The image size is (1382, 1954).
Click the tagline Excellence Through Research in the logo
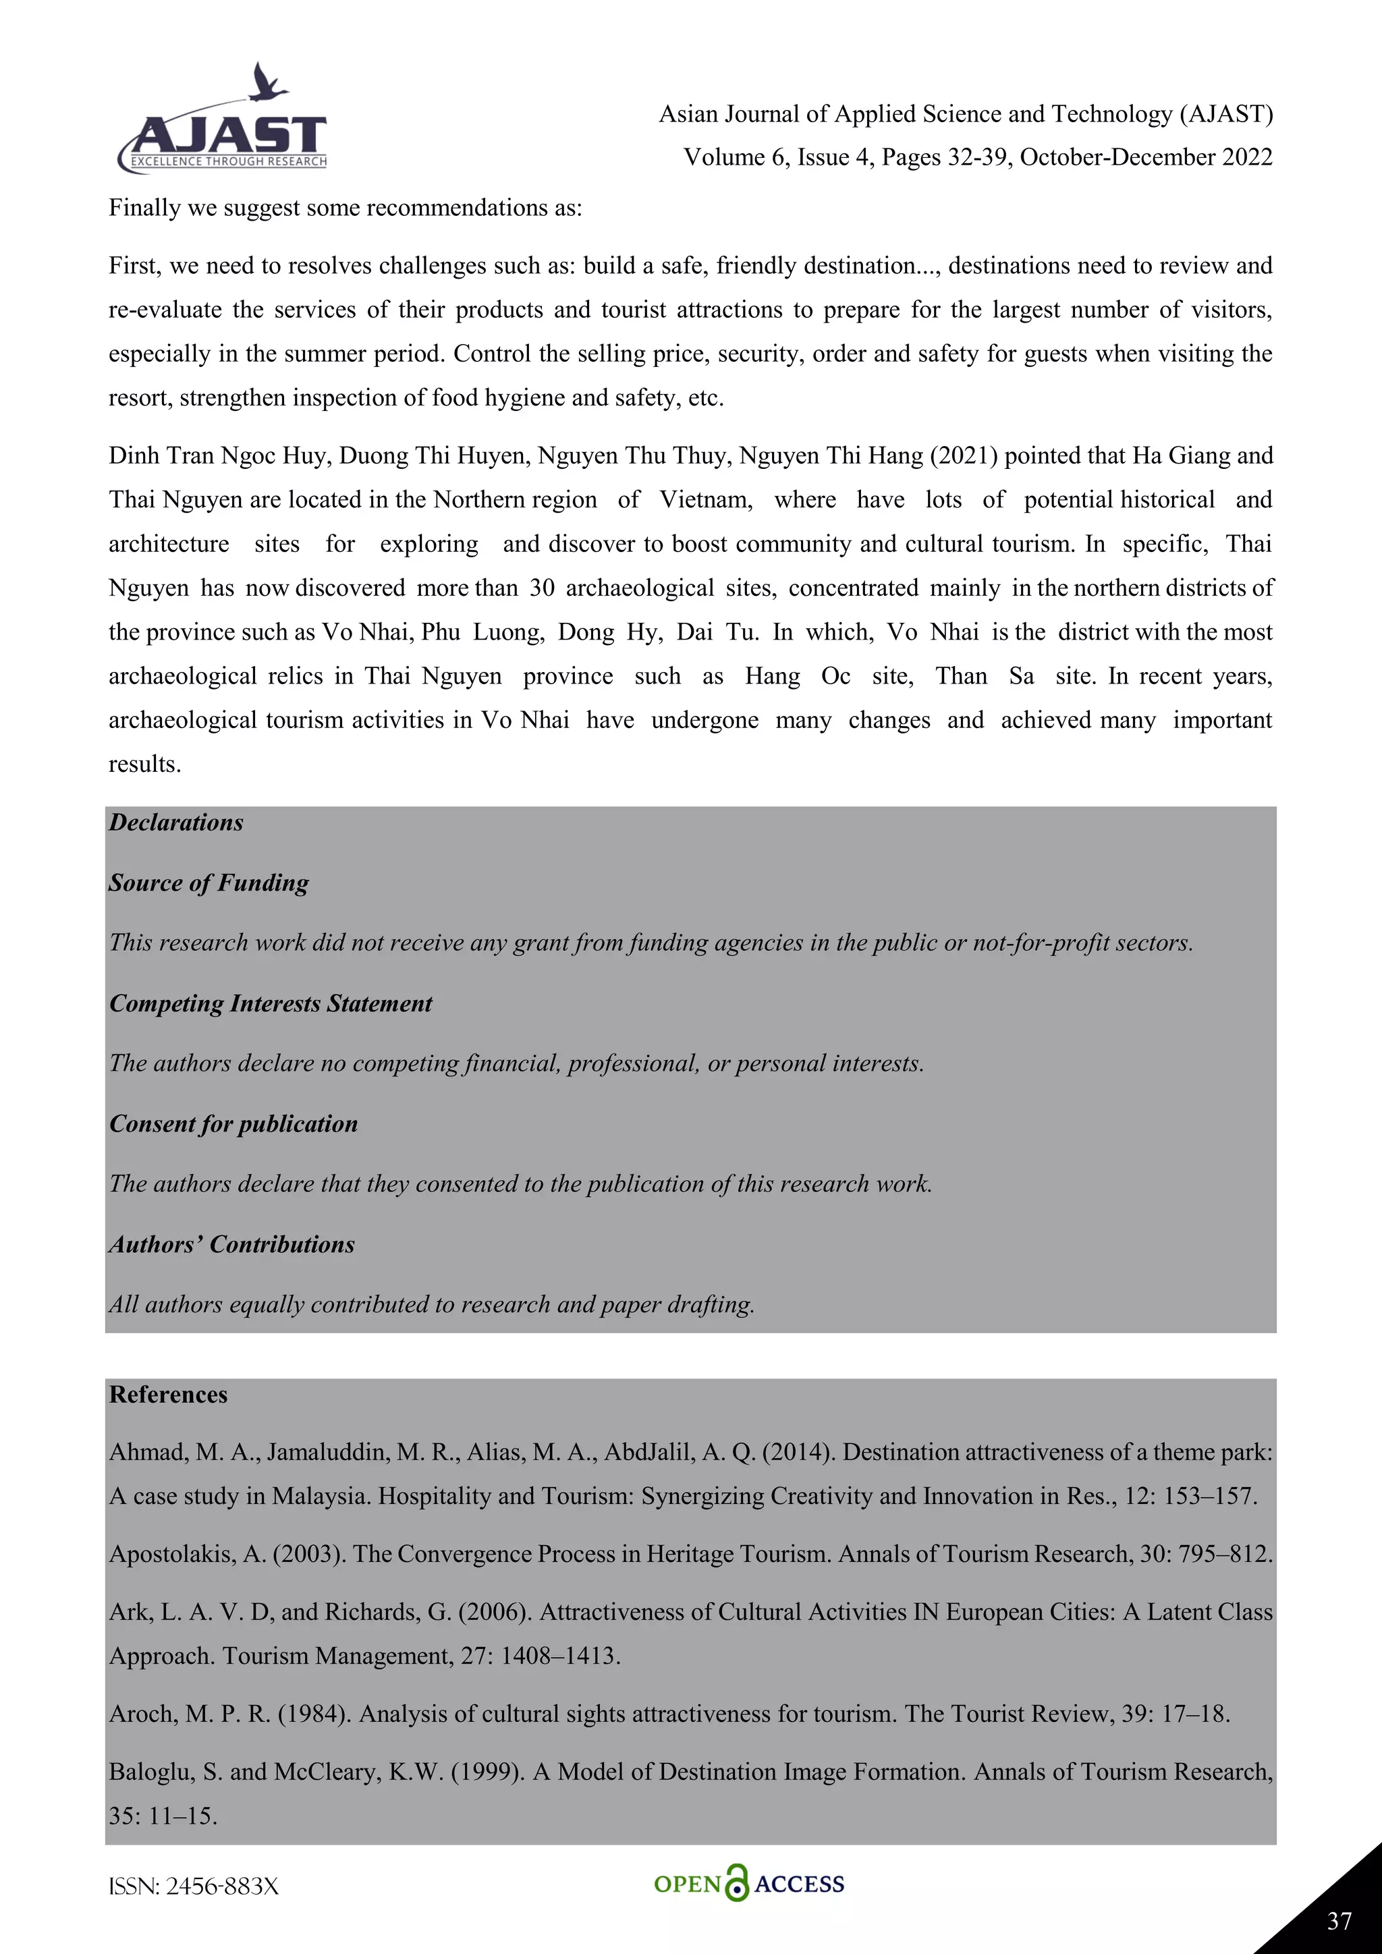(x=228, y=162)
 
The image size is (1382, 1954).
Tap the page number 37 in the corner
(x=1339, y=1920)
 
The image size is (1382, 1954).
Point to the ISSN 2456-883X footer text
(x=194, y=1887)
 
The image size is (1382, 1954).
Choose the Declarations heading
(x=176, y=823)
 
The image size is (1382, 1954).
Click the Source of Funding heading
(x=209, y=883)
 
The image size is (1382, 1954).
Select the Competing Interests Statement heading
(x=271, y=1004)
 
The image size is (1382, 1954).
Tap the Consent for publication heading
(x=233, y=1124)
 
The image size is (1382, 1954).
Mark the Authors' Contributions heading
(x=231, y=1245)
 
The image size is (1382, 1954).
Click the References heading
(x=169, y=1395)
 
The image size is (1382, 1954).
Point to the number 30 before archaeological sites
(x=542, y=588)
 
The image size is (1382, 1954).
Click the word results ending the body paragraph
(x=144, y=765)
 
